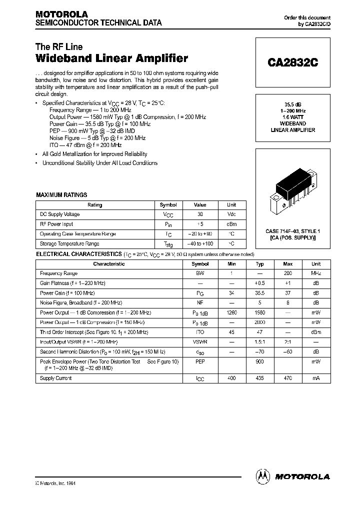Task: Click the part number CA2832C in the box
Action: pos(292,63)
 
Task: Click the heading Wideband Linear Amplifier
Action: pos(112,58)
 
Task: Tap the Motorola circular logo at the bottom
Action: pos(263,476)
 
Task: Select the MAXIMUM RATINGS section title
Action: pos(61,195)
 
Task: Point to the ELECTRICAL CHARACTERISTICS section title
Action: pos(78,254)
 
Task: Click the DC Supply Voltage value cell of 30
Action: pos(200,214)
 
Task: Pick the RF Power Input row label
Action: pos(56,224)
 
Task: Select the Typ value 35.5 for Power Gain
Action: pos(260,293)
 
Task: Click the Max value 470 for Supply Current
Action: pos(288,378)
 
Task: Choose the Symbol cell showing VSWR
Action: pos(200,341)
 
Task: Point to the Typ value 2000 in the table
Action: pos(260,322)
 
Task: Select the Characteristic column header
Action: pos(109,264)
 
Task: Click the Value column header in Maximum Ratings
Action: pos(200,205)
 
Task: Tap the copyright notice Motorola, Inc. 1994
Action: pos(55,483)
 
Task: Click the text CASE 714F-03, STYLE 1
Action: pos(292,231)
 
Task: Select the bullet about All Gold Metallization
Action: pos(94,154)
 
